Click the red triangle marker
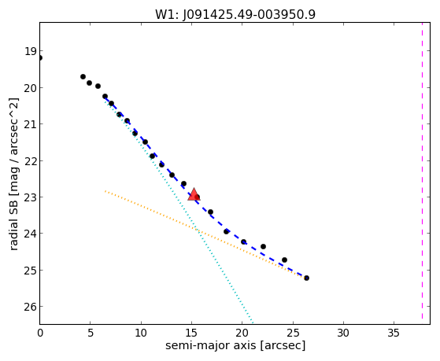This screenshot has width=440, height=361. pyautogui.click(x=194, y=194)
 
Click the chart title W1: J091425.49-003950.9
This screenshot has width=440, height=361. pyautogui.click(x=235, y=15)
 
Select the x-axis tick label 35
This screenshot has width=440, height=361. pyautogui.click(x=394, y=333)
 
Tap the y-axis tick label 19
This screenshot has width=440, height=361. pyautogui.click(x=31, y=52)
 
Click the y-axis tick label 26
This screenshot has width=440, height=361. pyautogui.click(x=31, y=307)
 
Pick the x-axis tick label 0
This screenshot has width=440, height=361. pyautogui.click(x=40, y=333)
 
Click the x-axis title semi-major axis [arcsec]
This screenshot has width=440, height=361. pyautogui.click(x=235, y=345)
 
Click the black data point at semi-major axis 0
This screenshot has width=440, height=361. pyautogui.click(x=40, y=57)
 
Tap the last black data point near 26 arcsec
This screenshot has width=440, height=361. pyautogui.click(x=306, y=278)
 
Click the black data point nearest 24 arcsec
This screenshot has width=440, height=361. pyautogui.click(x=284, y=260)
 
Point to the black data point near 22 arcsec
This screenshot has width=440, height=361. pyautogui.click(x=263, y=246)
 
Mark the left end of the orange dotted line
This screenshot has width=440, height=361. pyautogui.click(x=105, y=191)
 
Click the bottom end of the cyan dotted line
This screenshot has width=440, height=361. pyautogui.click(x=253, y=322)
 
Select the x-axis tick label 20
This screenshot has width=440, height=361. pyautogui.click(x=242, y=333)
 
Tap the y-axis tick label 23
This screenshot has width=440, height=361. pyautogui.click(x=31, y=197)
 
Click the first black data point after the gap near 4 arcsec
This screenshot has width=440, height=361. pyautogui.click(x=83, y=76)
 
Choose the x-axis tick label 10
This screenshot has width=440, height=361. pyautogui.click(x=141, y=333)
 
